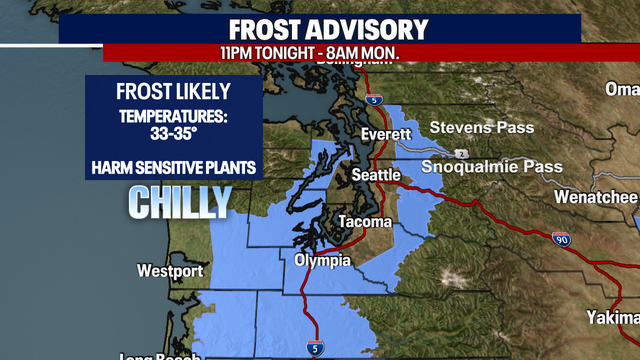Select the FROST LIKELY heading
(x=174, y=93)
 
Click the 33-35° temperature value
(x=174, y=135)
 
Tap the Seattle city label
(x=375, y=175)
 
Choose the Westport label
(x=171, y=271)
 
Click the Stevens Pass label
(x=481, y=128)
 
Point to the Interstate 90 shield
(x=560, y=240)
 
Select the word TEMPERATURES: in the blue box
(x=174, y=116)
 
